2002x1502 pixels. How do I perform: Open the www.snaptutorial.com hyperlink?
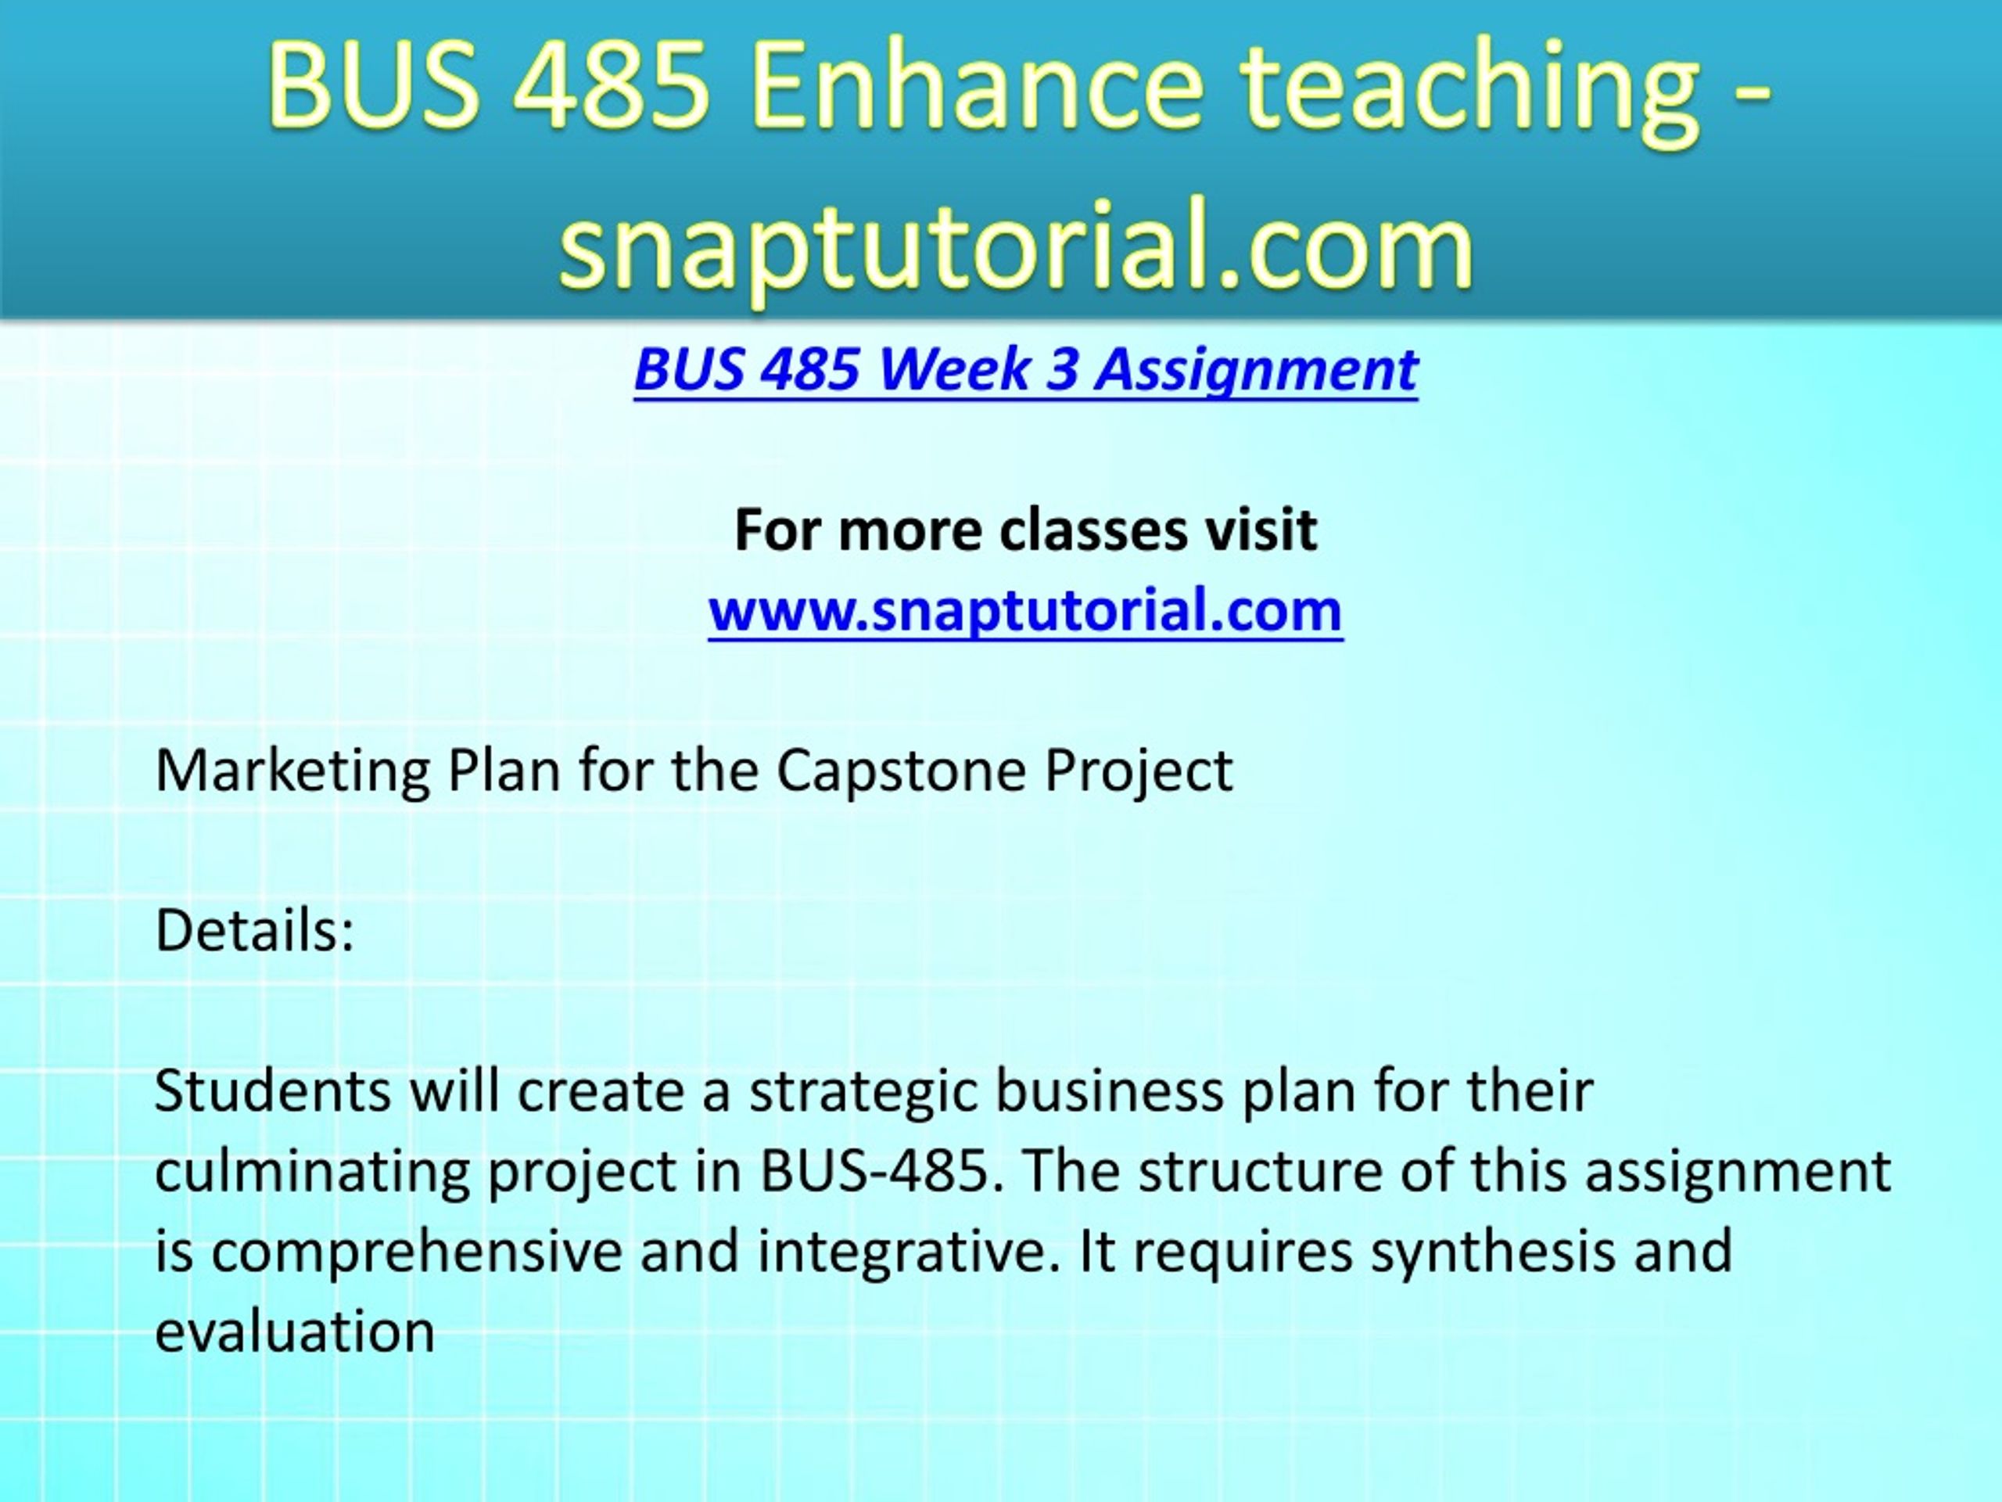[1025, 610]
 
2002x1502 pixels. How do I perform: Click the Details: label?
[254, 930]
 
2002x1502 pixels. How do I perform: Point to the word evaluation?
[295, 1331]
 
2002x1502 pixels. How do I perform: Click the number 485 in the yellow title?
[613, 87]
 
